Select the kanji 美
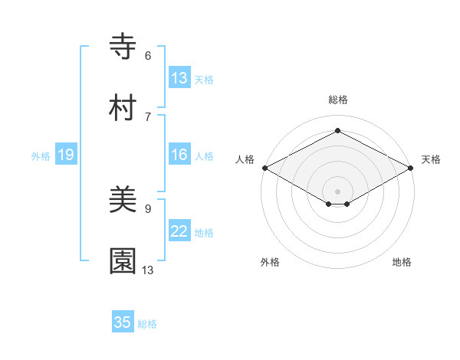(123, 201)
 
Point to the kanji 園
(123, 261)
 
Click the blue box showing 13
(179, 78)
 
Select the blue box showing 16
(179, 155)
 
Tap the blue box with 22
(179, 232)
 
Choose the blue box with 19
(66, 155)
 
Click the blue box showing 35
(123, 322)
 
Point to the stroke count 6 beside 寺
(148, 56)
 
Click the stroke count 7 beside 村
(148, 116)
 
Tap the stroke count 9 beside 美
(148, 208)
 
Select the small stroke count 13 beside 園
(148, 270)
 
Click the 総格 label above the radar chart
(337, 100)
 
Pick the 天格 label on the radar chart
(431, 159)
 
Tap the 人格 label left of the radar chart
(245, 159)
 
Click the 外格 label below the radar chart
(270, 262)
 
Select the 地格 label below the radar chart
(402, 262)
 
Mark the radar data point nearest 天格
(411, 168)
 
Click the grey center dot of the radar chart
(337, 190)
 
